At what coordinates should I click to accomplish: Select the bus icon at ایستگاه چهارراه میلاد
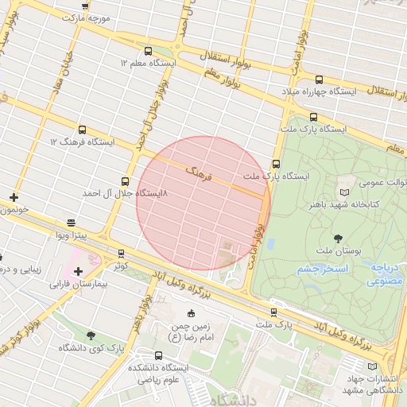coord(320,79)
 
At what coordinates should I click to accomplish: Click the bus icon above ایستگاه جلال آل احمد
coord(124,181)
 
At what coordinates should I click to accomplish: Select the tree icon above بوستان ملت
coord(339,238)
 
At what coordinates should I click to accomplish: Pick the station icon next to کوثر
coord(121,254)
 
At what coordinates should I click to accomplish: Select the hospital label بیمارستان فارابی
coord(78,283)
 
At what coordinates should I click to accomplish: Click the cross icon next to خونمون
coord(14,197)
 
